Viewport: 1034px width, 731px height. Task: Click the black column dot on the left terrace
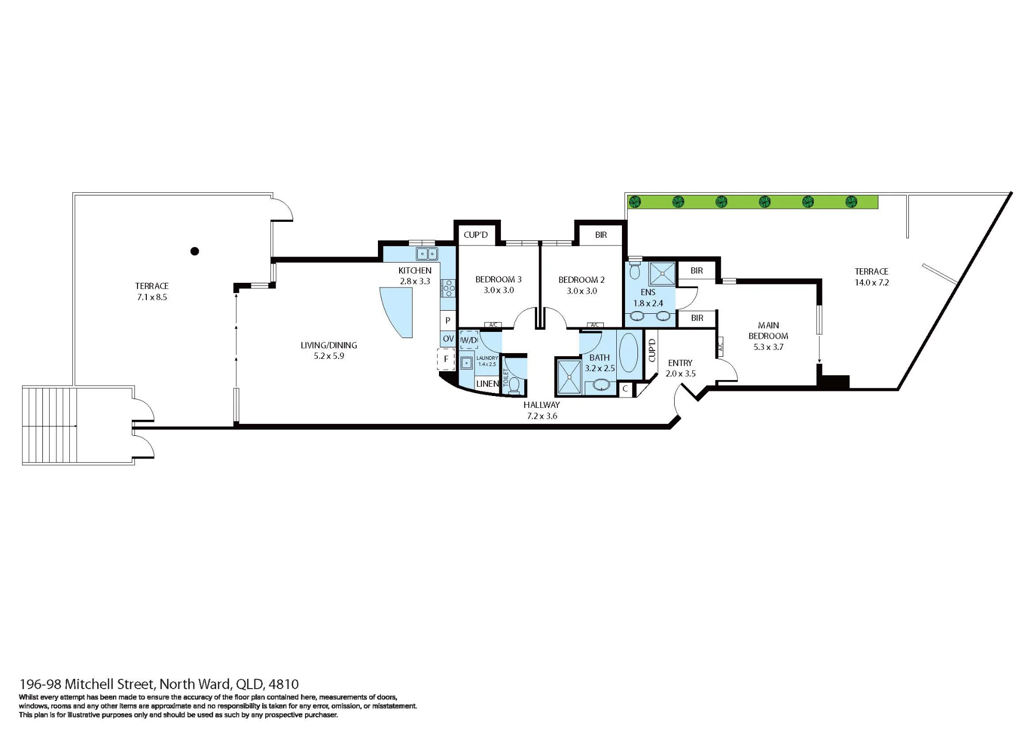(195, 251)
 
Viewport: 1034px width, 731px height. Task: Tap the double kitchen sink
(428, 254)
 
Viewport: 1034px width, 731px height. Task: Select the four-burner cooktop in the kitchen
(448, 288)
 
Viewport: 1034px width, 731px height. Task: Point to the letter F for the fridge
(446, 359)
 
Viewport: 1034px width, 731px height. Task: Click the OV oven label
(448, 339)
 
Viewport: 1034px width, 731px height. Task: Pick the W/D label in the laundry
(468, 340)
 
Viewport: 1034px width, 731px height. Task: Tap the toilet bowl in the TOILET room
(514, 385)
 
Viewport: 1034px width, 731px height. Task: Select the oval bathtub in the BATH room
(629, 352)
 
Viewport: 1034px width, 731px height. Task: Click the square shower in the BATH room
(569, 377)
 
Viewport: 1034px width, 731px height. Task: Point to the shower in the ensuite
(662, 273)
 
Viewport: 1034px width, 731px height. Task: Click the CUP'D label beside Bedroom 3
(476, 235)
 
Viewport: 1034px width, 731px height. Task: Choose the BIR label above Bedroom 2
(601, 235)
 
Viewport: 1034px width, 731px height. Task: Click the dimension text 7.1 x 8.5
(152, 297)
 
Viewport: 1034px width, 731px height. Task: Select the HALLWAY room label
(541, 405)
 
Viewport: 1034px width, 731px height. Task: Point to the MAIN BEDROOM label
(768, 330)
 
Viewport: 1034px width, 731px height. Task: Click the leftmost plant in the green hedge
(635, 201)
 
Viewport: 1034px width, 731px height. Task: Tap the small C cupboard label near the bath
(625, 389)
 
